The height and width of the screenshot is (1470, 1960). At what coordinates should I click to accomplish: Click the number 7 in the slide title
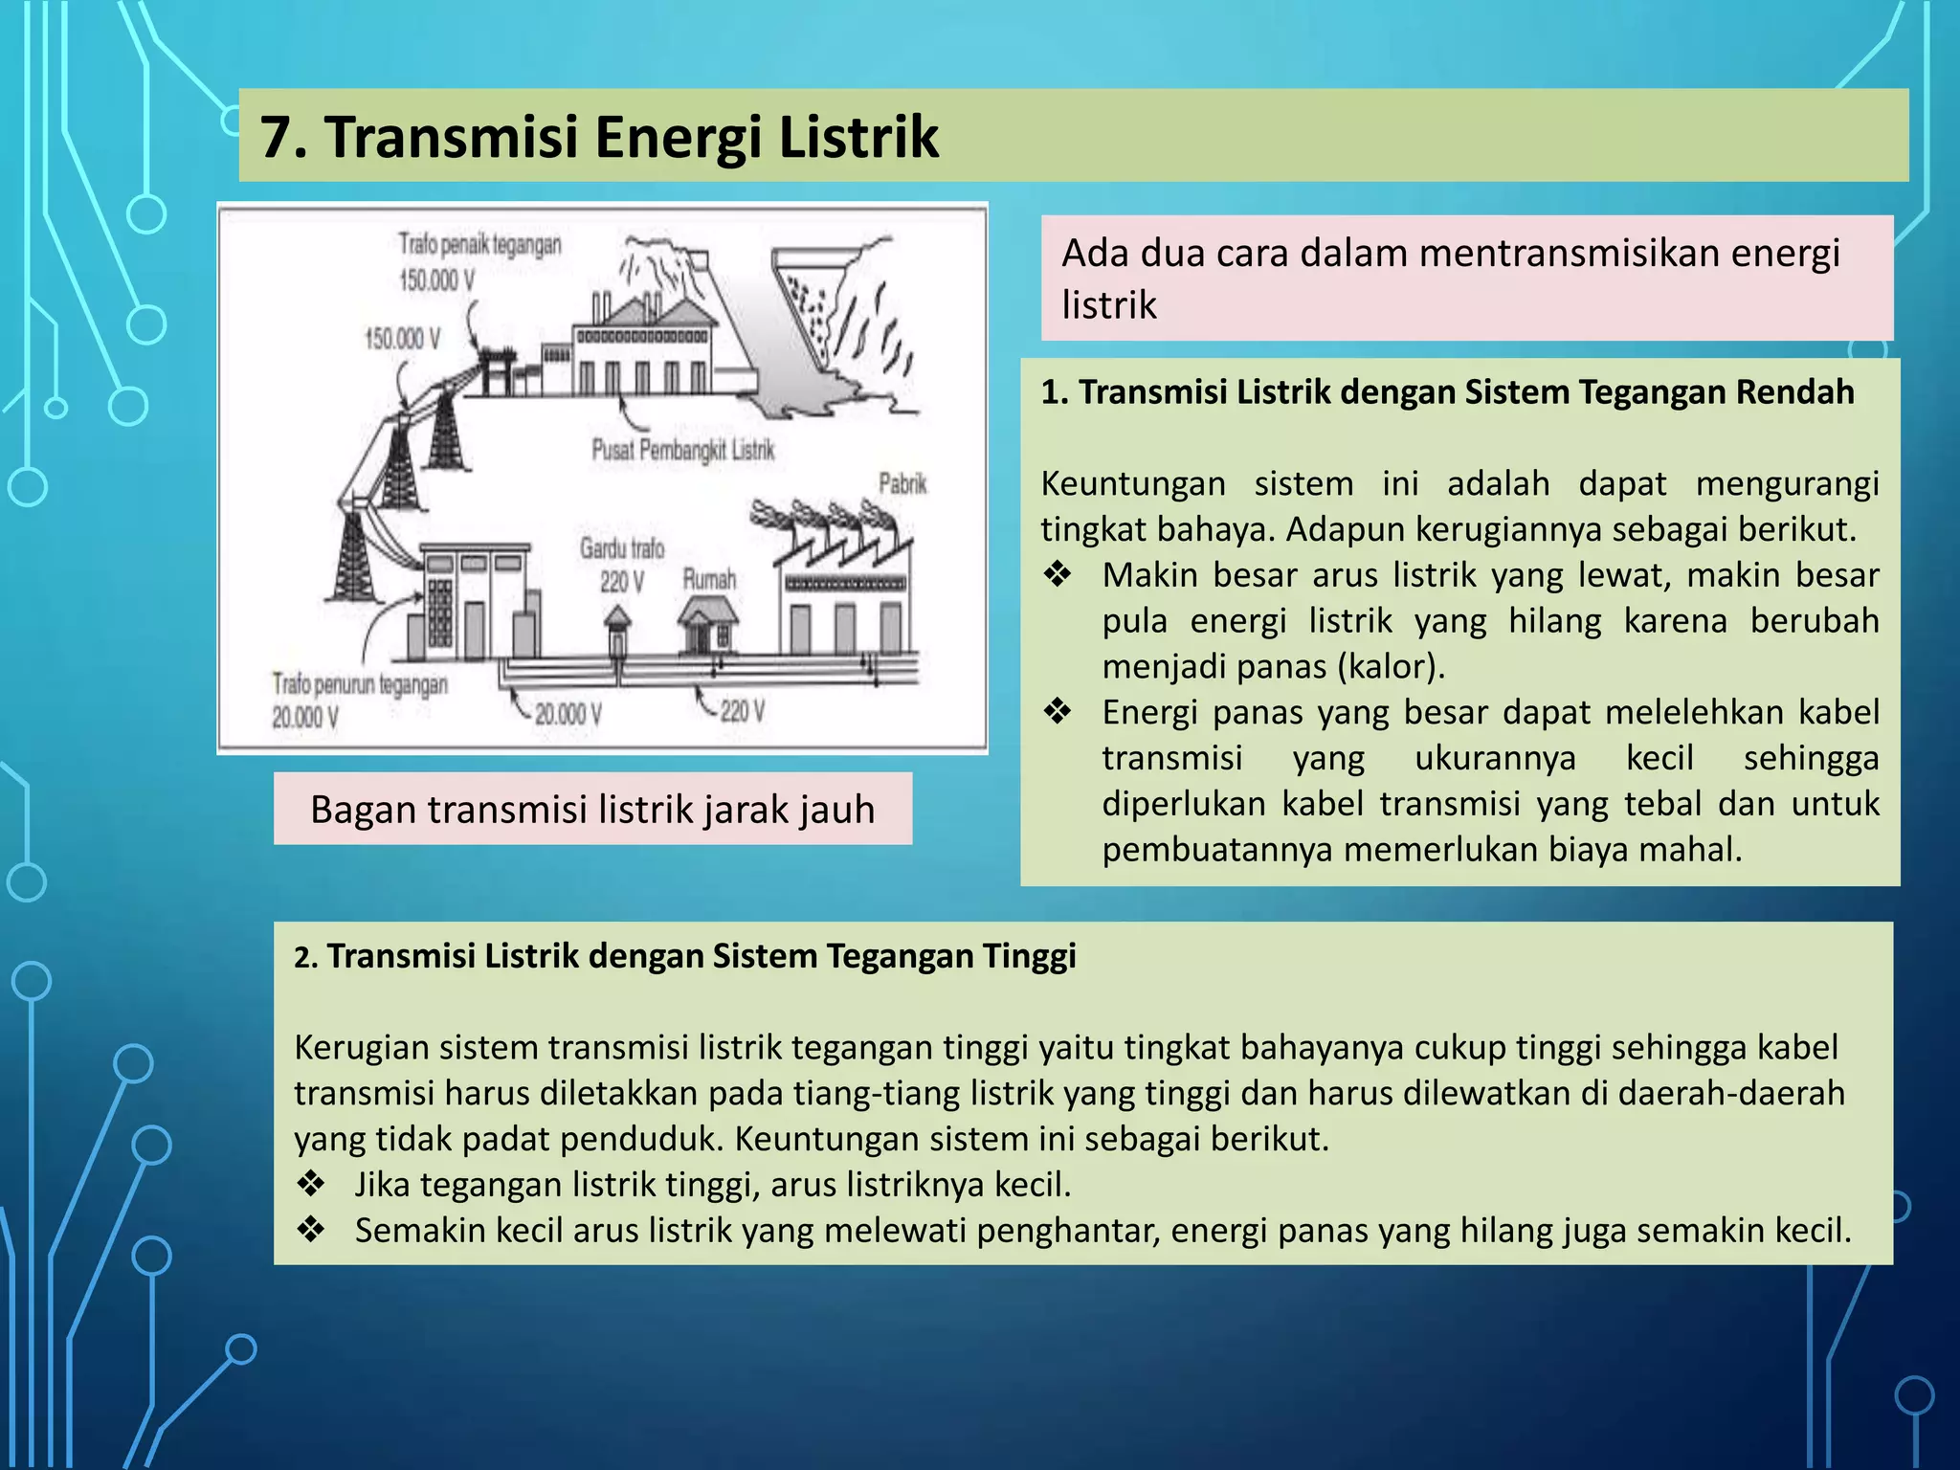pyautogui.click(x=278, y=137)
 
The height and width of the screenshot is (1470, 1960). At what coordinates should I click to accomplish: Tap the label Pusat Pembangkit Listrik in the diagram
pyautogui.click(x=682, y=450)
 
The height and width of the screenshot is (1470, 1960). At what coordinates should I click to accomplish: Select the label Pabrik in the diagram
pyautogui.click(x=902, y=483)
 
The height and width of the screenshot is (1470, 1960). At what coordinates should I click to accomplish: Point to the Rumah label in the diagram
pyautogui.click(x=709, y=579)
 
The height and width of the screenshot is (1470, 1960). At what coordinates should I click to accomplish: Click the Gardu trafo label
pyautogui.click(x=621, y=548)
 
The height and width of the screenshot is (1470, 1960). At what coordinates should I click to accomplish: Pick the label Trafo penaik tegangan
pyautogui.click(x=479, y=244)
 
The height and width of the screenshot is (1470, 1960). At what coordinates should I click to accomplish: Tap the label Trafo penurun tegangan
pyautogui.click(x=360, y=685)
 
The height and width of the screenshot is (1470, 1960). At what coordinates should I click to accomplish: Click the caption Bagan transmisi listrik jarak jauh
pyautogui.click(x=592, y=810)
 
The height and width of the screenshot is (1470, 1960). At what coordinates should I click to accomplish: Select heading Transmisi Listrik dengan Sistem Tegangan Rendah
pyautogui.click(x=1465, y=392)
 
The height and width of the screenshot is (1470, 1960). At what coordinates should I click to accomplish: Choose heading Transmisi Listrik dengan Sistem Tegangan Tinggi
pyautogui.click(x=701, y=956)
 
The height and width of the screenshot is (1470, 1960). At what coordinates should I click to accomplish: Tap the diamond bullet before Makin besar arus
pyautogui.click(x=1058, y=575)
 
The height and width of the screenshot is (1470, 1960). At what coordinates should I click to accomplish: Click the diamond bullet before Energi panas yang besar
pyautogui.click(x=1058, y=712)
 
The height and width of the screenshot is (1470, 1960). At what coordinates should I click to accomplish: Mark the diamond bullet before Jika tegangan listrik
pyautogui.click(x=311, y=1185)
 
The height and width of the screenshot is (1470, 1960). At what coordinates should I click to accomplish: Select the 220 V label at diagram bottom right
pyautogui.click(x=742, y=711)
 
